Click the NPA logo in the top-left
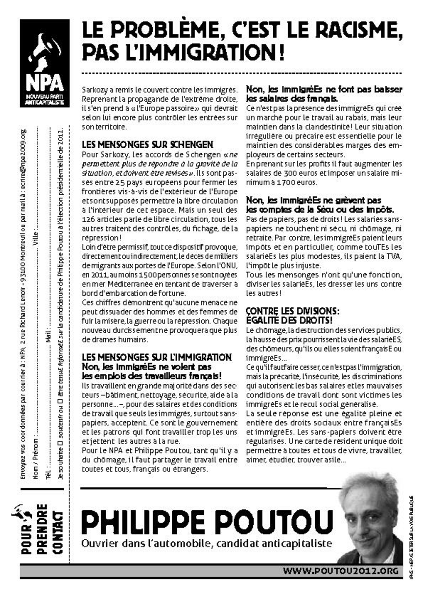coord(44,63)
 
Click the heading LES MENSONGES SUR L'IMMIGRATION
coord(157,357)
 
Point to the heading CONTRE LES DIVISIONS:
coord(293,312)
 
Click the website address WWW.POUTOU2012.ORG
coord(341,571)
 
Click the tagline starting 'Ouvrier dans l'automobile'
coord(207,544)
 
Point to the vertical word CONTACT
coord(58,532)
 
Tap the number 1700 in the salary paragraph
coord(286,183)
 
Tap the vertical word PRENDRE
coord(42,529)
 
